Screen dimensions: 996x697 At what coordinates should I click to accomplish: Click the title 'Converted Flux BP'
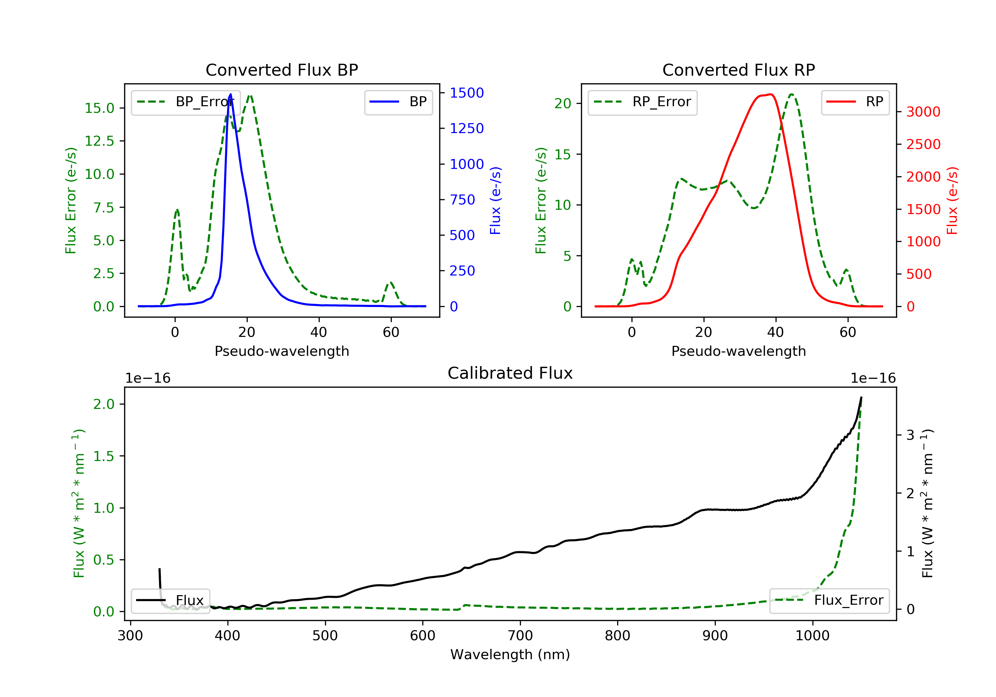(x=282, y=70)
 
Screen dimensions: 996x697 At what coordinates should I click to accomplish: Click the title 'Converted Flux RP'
(x=738, y=70)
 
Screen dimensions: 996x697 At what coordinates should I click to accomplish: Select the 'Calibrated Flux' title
(x=510, y=373)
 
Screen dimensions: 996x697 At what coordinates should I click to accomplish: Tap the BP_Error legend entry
(x=185, y=102)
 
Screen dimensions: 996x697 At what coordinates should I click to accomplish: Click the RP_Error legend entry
(x=642, y=102)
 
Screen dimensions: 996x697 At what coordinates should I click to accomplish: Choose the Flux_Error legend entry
(x=829, y=600)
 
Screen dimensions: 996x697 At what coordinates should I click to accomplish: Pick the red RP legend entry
(x=855, y=102)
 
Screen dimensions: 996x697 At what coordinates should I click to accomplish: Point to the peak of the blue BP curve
(x=230, y=94)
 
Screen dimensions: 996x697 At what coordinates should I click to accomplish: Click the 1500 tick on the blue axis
(x=466, y=93)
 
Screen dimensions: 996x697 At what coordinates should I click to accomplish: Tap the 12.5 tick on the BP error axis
(x=99, y=141)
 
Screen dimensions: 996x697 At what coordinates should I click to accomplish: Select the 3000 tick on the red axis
(x=923, y=112)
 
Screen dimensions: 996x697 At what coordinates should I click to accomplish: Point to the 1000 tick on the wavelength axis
(x=812, y=635)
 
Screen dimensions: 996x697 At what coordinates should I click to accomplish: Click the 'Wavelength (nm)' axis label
(x=510, y=655)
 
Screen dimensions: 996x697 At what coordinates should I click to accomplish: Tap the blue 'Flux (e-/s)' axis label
(x=495, y=200)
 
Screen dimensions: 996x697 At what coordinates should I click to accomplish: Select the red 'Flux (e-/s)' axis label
(x=952, y=200)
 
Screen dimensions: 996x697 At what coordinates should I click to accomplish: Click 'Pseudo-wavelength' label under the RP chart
(x=738, y=351)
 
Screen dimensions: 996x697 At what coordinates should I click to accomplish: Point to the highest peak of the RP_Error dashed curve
(x=792, y=94)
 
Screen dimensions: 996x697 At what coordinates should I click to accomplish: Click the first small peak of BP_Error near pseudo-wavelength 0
(x=177, y=210)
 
